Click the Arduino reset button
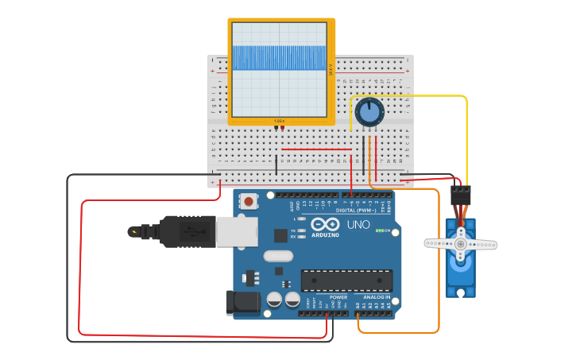tap(249, 202)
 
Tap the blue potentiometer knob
tap(369, 112)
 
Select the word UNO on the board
tap(358, 225)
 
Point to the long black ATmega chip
tap(346, 281)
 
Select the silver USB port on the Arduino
tap(238, 231)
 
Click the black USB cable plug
tap(187, 231)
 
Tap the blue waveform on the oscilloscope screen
tap(278, 57)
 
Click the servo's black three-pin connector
tap(460, 195)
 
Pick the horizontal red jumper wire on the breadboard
tap(316, 149)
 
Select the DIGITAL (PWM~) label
tap(357, 210)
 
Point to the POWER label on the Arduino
tap(338, 297)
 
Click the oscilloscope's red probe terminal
tap(282, 127)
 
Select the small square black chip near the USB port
tap(280, 235)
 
